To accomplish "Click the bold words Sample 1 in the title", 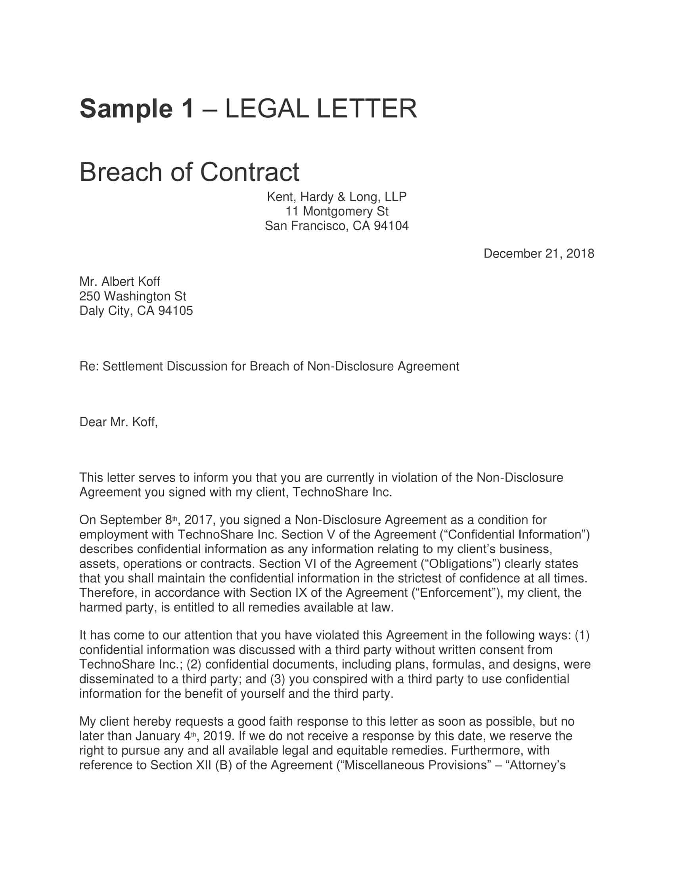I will click(x=137, y=109).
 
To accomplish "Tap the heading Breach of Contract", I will click(x=189, y=172).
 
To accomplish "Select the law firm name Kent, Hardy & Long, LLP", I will click(x=337, y=197).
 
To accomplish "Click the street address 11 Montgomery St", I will click(x=337, y=211).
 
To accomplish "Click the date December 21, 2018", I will click(x=539, y=254).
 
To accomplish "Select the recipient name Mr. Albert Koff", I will click(x=120, y=281).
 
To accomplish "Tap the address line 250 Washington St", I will click(x=132, y=296).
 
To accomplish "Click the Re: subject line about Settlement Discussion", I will click(x=269, y=366).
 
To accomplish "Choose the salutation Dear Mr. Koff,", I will click(x=119, y=422).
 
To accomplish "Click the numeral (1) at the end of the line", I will click(x=582, y=635).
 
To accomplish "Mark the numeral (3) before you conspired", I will click(x=277, y=679).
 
